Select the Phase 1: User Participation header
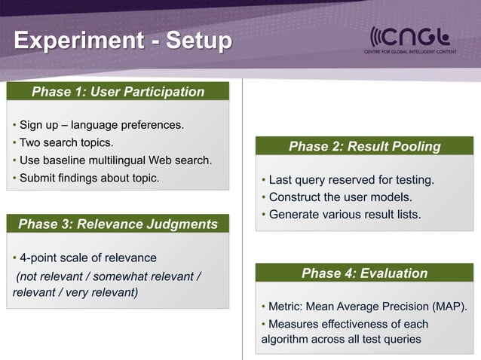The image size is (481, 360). pos(118,92)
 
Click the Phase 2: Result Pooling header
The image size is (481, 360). pos(364,146)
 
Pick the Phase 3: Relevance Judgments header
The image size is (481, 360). pos(118,224)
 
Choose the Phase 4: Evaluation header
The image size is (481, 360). pos(364,273)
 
